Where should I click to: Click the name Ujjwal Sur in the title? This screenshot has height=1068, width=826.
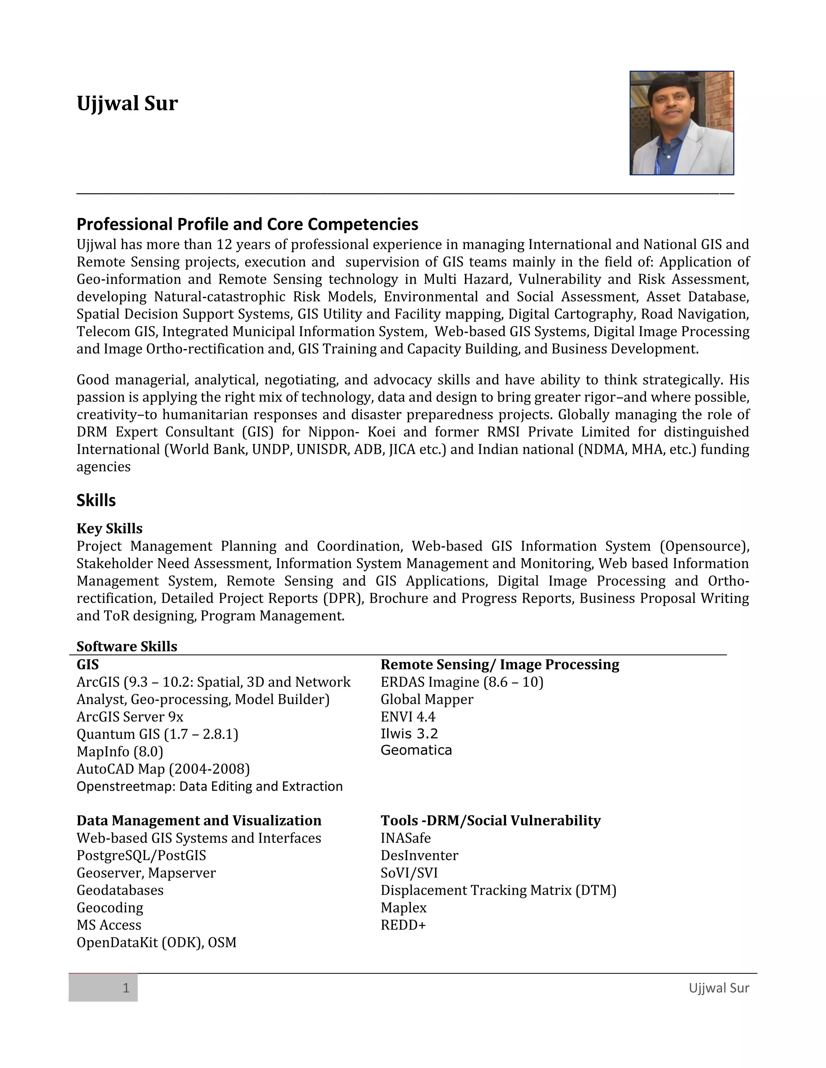[127, 103]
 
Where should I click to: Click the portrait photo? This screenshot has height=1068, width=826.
[681, 123]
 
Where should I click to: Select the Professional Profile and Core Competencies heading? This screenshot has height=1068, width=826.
[247, 224]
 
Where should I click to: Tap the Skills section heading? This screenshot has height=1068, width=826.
[96, 500]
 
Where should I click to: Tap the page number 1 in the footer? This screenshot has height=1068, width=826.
[126, 988]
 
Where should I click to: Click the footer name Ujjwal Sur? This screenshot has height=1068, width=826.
[718, 988]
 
